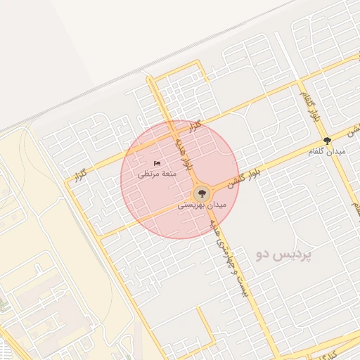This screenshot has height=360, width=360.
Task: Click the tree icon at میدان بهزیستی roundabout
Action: coord(202,193)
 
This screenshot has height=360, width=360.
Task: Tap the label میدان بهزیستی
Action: coord(202,205)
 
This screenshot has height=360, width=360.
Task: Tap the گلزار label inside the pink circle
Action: coord(194,126)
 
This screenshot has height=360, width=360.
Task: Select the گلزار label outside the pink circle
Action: coord(82,172)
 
